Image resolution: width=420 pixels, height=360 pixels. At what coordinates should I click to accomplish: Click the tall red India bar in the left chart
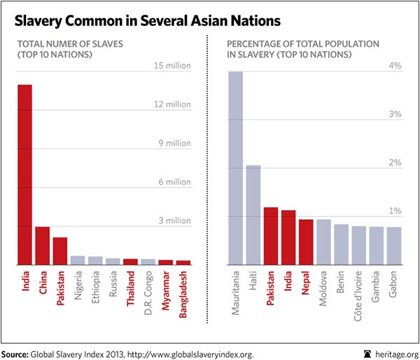(x=24, y=174)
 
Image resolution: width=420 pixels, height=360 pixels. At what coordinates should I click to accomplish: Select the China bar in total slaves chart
(x=42, y=245)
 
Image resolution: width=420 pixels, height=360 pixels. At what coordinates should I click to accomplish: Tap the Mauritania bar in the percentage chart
(x=235, y=168)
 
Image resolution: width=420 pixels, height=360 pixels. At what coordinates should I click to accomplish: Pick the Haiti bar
(x=253, y=214)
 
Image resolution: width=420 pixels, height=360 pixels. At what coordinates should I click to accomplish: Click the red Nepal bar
(x=306, y=242)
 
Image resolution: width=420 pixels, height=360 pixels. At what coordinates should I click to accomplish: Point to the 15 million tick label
(x=172, y=67)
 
